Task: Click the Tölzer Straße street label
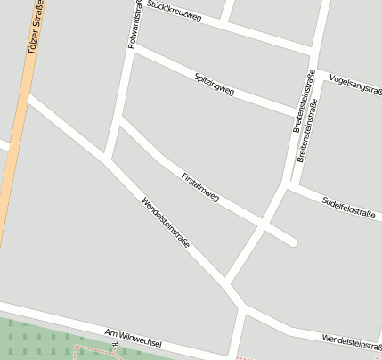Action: coord(37,30)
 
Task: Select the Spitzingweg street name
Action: coord(214,85)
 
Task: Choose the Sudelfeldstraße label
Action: coord(347,207)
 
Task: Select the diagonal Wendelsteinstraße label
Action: coord(166,227)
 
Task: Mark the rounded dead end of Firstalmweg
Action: coord(292,240)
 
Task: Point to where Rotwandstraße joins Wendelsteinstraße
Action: coord(107,160)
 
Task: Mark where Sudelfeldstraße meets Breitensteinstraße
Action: coord(288,186)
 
